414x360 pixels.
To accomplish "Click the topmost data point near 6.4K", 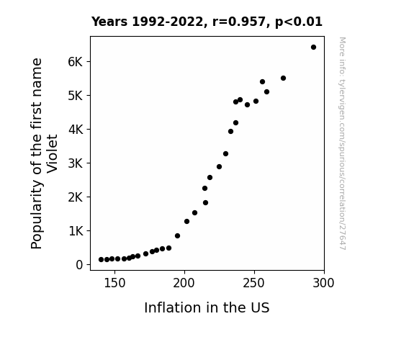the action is [x=313, y=48].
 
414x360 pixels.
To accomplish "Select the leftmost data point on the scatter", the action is [x=101, y=260].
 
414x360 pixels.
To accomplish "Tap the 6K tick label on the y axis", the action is [x=76, y=62].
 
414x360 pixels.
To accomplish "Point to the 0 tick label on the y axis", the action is [x=79, y=265].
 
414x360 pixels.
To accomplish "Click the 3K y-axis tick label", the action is [x=76, y=163].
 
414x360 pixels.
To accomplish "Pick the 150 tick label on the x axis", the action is [x=114, y=283].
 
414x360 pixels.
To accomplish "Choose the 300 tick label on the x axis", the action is [x=323, y=283].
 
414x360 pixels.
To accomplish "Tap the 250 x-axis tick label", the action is [x=253, y=283].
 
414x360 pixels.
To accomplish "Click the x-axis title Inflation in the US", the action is [x=207, y=307].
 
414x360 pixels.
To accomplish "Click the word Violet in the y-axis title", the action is [x=52, y=154].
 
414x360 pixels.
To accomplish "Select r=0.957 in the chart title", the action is [x=239, y=22].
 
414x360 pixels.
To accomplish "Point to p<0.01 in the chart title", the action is [x=299, y=22].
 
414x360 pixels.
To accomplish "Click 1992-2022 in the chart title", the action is [x=167, y=22].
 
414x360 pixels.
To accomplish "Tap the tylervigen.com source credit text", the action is [x=342, y=143].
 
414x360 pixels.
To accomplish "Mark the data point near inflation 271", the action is [x=283, y=78].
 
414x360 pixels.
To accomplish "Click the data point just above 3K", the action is [x=225, y=153].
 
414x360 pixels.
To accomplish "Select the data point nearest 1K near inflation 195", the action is [x=177, y=236].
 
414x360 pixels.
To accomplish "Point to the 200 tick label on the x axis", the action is [x=184, y=283].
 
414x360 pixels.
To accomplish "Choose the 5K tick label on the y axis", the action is [x=76, y=96].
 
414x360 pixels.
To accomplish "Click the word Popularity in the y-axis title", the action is [x=37, y=215].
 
